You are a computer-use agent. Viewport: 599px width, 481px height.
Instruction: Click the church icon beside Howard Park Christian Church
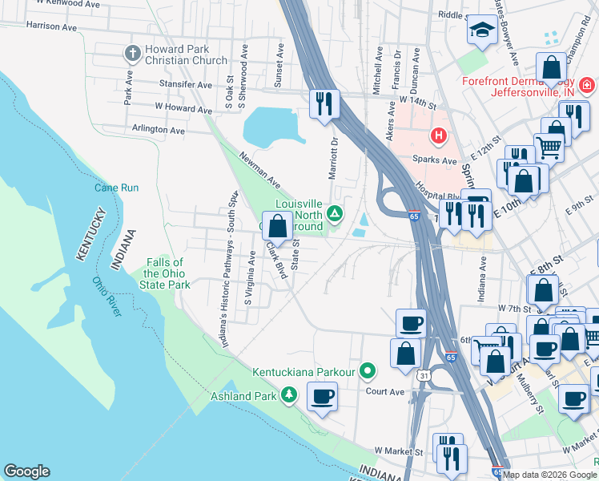pos(133,54)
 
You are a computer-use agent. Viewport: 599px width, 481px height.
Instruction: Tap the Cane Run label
pos(117,188)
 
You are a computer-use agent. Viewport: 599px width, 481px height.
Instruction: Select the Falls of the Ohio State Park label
pos(167,273)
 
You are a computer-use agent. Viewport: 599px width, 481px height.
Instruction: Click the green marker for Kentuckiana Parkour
pos(368,370)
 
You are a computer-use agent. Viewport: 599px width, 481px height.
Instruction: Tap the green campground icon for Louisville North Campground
pos(335,213)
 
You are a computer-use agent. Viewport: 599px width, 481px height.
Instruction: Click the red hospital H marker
pos(438,136)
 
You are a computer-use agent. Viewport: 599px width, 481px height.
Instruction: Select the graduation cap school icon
pos(481,31)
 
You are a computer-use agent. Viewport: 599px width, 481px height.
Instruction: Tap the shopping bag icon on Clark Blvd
pos(278,226)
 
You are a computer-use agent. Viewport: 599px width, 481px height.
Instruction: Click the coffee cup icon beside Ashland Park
pos(323,396)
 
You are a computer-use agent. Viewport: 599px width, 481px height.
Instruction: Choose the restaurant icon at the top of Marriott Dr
pos(325,104)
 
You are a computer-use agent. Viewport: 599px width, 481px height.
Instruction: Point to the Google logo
pos(26,471)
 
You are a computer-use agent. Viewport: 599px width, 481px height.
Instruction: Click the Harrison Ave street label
pos(51,26)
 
